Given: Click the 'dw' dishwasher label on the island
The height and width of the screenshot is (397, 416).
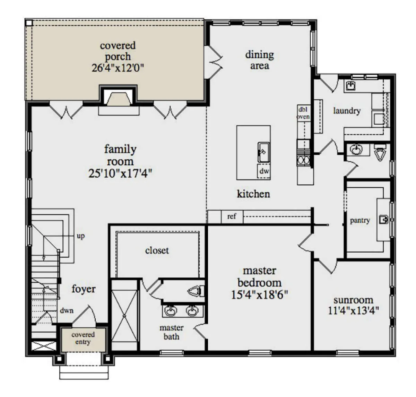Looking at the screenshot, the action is pos(264,171).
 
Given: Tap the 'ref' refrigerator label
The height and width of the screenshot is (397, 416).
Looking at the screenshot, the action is pos(232,217).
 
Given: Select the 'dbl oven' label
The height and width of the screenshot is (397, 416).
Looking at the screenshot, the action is pos(303,113).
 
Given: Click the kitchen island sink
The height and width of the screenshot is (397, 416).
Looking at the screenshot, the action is pos(263,152).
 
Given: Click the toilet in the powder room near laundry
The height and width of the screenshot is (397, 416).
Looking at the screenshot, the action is pos(380,152).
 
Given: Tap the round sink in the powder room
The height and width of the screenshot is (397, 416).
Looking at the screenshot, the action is pos(356,149).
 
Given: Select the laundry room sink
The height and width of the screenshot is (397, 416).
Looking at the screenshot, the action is pos(350,86).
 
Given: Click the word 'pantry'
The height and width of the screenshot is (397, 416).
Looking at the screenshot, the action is pos(360,221).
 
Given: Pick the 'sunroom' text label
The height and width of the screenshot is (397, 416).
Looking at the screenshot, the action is pos(354,300).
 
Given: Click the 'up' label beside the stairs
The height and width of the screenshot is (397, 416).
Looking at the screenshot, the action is pos(81,236).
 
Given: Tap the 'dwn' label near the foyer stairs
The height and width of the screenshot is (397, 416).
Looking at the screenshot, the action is pos(67,310).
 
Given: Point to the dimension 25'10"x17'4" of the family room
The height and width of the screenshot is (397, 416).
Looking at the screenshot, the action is pos(120,174).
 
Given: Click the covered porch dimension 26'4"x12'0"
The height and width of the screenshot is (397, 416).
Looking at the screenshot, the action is pos(118,68).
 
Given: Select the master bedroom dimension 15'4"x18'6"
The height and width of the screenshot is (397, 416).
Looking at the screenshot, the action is pos(260,295).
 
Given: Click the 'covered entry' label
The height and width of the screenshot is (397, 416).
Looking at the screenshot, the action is pos(83,338).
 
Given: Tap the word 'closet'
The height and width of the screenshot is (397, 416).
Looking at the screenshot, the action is pos(157,250).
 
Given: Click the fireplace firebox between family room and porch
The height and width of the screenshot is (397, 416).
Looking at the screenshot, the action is pos(119,97).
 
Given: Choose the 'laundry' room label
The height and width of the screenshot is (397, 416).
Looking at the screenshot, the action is pos(347,111).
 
